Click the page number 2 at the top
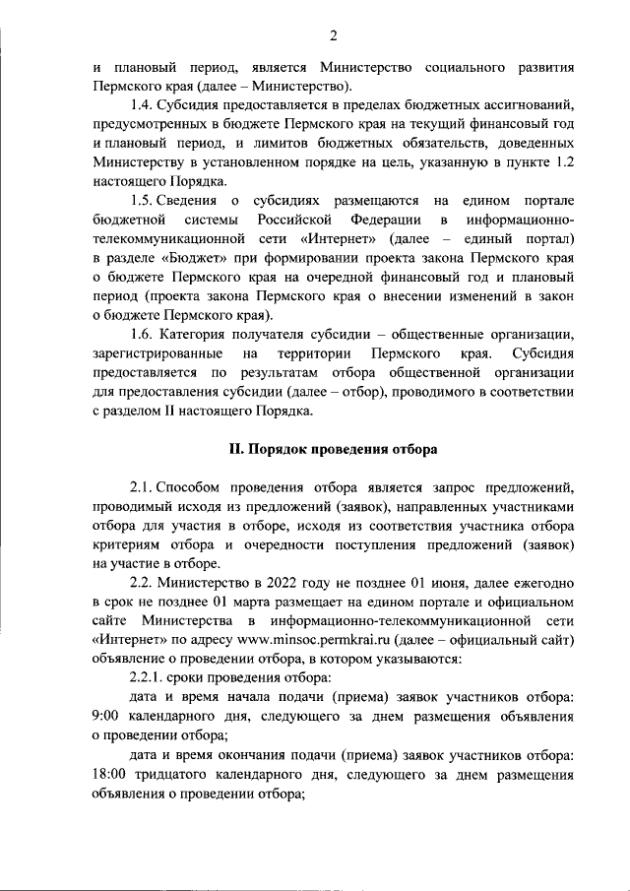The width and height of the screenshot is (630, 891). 333,36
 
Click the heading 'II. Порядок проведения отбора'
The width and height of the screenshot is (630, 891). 333,449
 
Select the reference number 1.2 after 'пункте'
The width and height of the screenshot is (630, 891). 561,162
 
